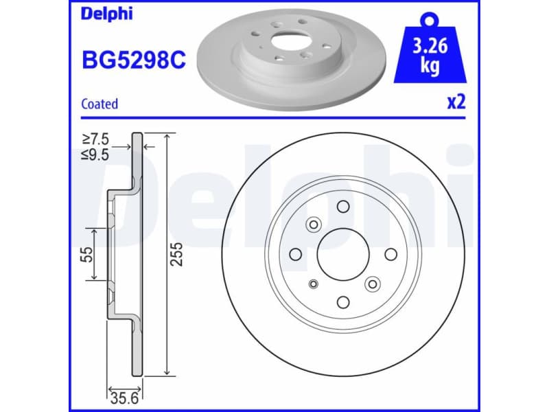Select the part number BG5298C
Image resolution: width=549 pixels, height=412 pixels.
click(133, 60)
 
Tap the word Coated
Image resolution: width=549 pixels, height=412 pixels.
click(100, 104)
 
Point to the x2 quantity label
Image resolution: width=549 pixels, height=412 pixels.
click(456, 103)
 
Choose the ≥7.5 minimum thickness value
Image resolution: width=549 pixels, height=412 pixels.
click(95, 139)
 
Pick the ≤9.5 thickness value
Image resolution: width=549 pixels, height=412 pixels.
click(95, 154)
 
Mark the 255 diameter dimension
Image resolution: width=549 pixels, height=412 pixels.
click(176, 255)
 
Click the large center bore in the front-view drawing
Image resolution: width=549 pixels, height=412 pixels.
click(343, 254)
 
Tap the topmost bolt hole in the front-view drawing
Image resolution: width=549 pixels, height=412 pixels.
click(343, 207)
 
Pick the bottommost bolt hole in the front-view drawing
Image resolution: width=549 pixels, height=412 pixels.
click(343, 302)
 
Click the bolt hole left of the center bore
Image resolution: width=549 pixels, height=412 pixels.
click(296, 254)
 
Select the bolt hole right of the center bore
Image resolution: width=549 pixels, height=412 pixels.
click(390, 254)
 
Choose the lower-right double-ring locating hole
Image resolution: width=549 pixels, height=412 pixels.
click(373, 284)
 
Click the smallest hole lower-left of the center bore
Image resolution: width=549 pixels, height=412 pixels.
click(314, 284)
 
